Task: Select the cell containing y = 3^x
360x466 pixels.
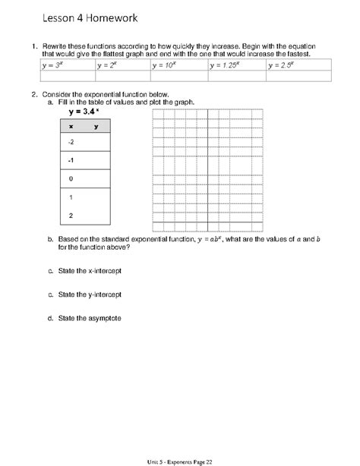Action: (x=68, y=66)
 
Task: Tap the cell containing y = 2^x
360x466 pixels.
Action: (x=124, y=66)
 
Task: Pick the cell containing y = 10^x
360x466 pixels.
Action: (x=179, y=66)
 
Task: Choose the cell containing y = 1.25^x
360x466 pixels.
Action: (x=237, y=66)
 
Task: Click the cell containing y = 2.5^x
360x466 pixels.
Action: (x=298, y=66)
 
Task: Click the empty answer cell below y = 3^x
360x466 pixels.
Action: (x=68, y=76)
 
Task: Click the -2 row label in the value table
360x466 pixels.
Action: (x=71, y=143)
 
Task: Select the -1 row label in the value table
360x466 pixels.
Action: (x=71, y=161)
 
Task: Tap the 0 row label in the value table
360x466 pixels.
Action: (x=71, y=179)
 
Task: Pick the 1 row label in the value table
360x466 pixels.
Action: (x=71, y=197)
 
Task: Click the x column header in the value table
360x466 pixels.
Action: (x=71, y=127)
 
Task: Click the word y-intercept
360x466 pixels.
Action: (x=106, y=294)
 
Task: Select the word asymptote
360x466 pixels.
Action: (x=107, y=317)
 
